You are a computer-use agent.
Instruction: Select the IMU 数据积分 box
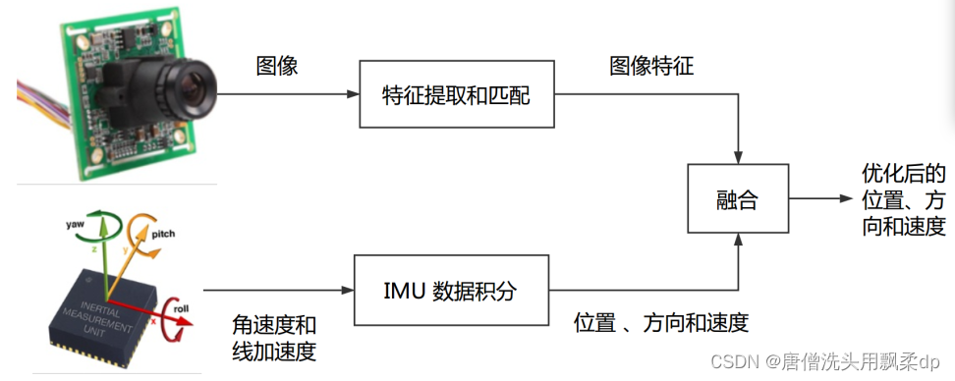(x=450, y=291)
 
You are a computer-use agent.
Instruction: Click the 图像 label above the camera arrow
(x=277, y=67)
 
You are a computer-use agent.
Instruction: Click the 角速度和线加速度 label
(x=274, y=337)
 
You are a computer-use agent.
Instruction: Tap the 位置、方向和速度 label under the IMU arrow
(x=662, y=322)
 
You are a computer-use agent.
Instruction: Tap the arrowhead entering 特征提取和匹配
(x=354, y=95)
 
